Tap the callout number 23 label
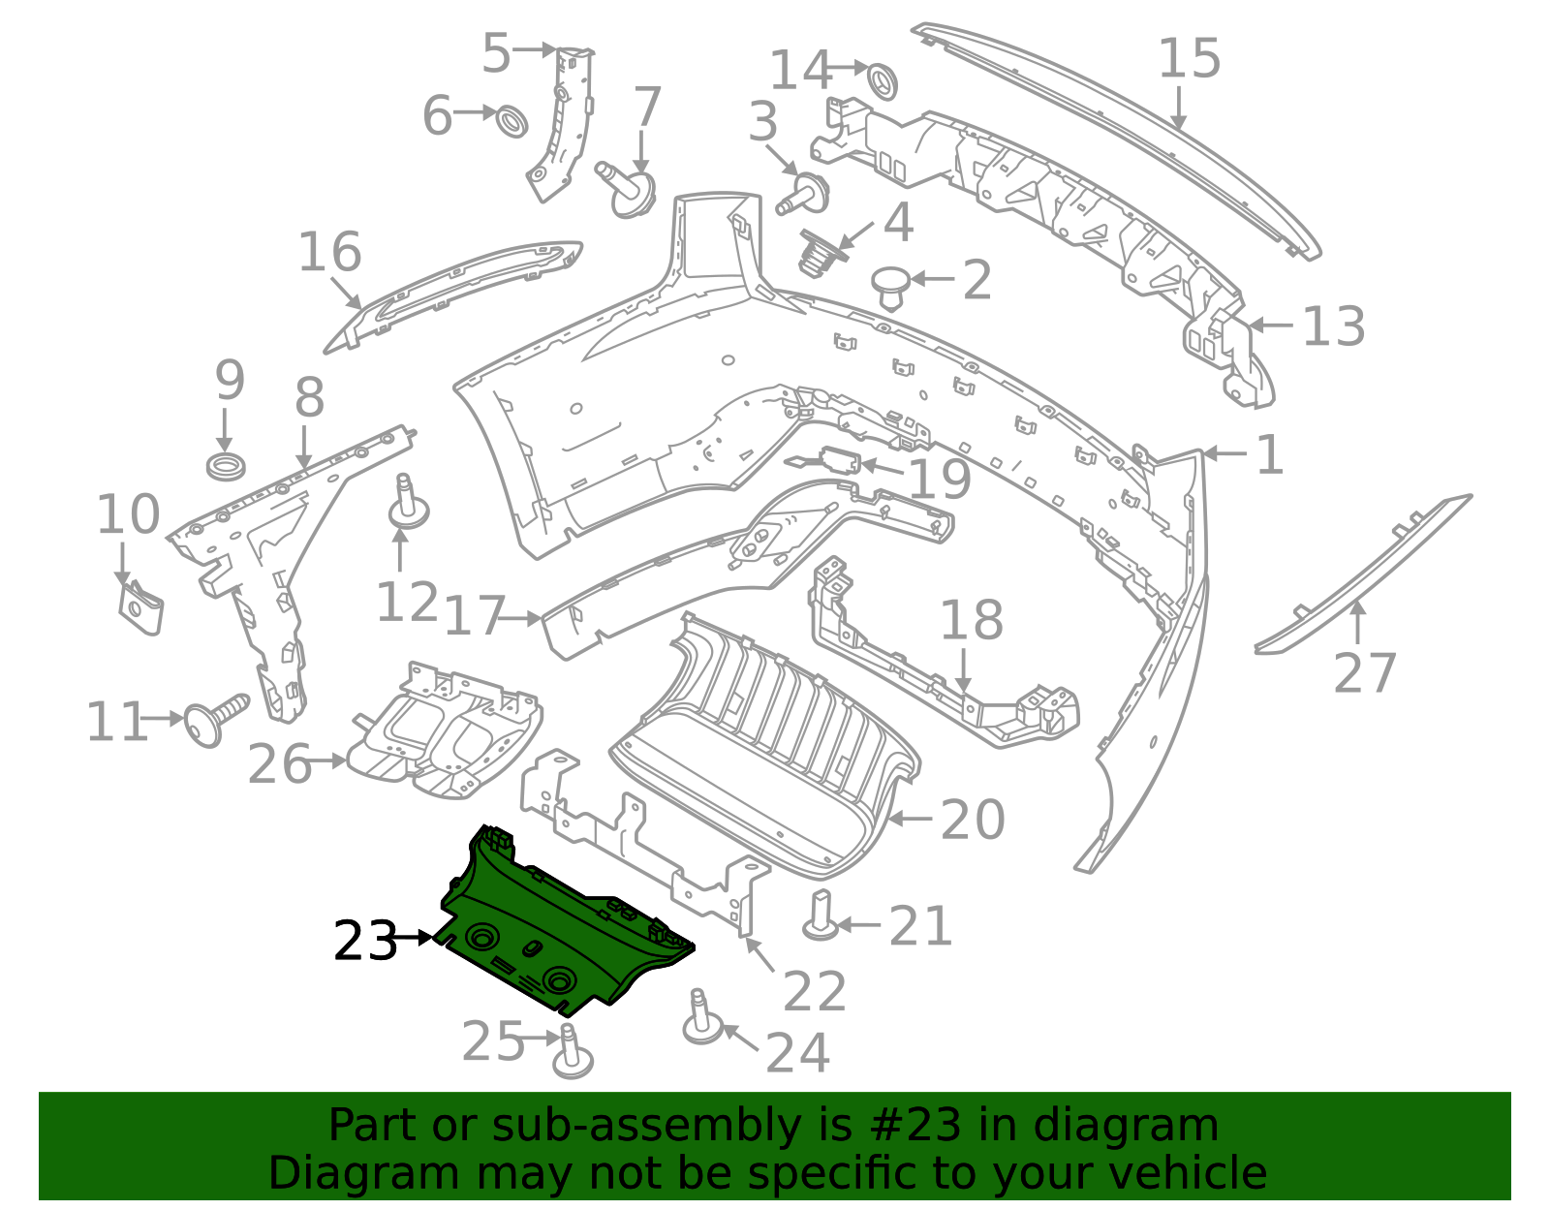pyautogui.click(x=364, y=942)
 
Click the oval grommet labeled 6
pyautogui.click(x=512, y=122)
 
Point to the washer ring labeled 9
pyautogui.click(x=226, y=465)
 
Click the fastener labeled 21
pyautogui.click(x=821, y=915)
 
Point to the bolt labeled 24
pyautogui.click(x=700, y=1017)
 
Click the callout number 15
pyautogui.click(x=1189, y=60)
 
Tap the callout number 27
pyautogui.click(x=1365, y=674)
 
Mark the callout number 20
pyautogui.click(x=973, y=821)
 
